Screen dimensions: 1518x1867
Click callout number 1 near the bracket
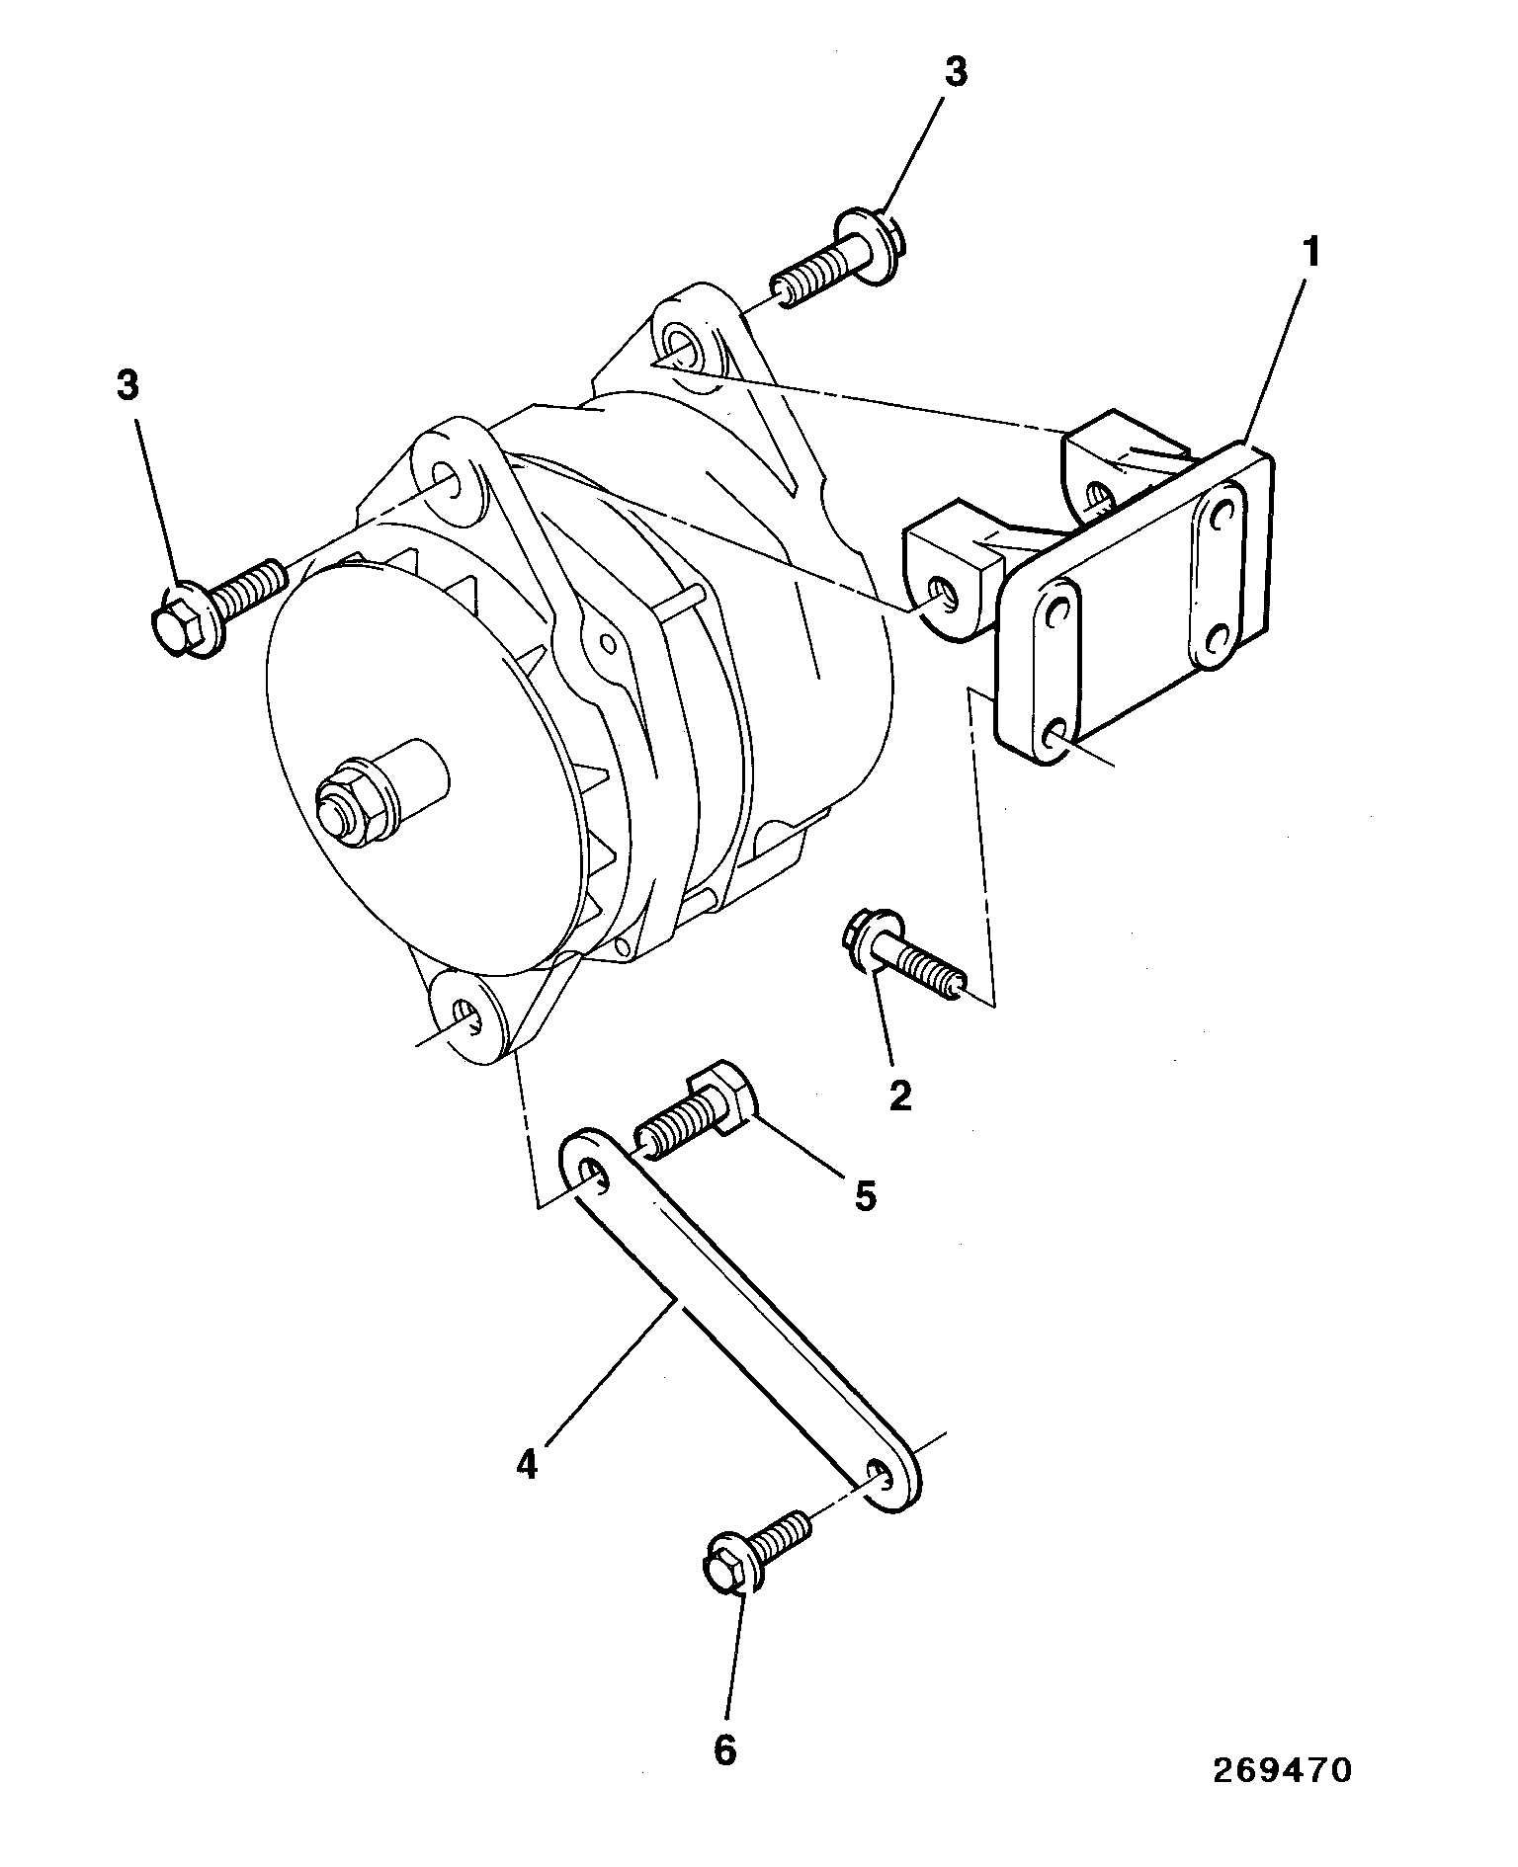click(x=1309, y=254)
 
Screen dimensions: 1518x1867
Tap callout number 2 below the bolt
click(x=899, y=1096)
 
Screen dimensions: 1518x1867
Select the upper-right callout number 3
click(x=956, y=75)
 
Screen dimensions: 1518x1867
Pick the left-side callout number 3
click(x=127, y=386)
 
